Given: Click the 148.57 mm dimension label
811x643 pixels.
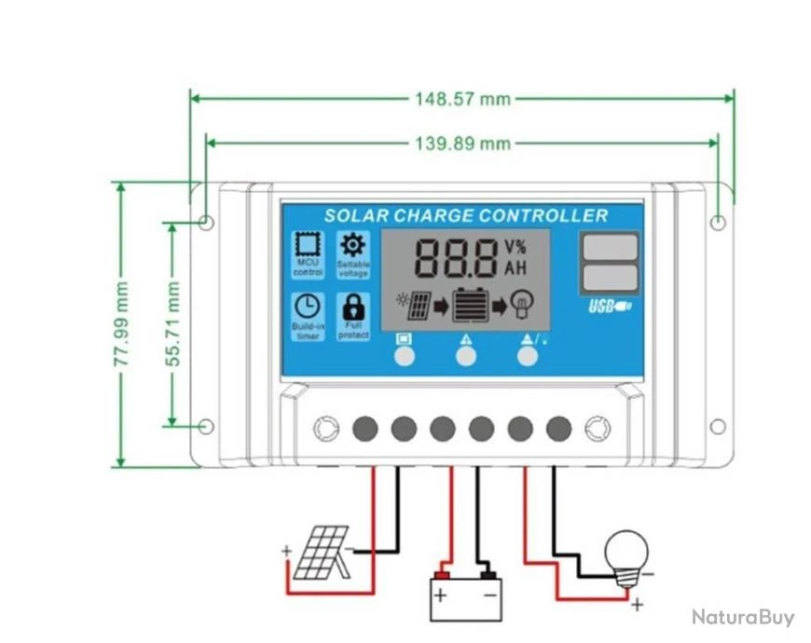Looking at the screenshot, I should click(x=462, y=99).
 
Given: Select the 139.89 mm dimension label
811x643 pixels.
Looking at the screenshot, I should click(x=462, y=144).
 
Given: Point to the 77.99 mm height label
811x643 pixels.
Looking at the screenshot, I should click(x=122, y=324).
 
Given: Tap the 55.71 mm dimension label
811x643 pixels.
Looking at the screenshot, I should click(x=172, y=324).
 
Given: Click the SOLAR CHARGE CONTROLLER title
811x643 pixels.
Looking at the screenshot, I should click(x=465, y=216).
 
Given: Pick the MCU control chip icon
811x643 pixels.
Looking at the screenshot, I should click(x=307, y=245).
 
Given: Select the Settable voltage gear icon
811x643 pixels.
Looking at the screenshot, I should click(x=353, y=245).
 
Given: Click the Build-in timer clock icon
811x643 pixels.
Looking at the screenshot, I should click(x=307, y=307).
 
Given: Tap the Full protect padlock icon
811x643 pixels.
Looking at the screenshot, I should click(x=353, y=306).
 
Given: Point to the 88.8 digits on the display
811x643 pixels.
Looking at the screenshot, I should click(x=455, y=258).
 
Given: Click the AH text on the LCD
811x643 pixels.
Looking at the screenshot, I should click(x=515, y=268).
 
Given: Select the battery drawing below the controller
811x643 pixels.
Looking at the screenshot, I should click(x=465, y=597).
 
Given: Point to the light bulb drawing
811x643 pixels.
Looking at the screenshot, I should click(x=625, y=555).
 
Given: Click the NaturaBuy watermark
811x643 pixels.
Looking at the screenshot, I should click(x=743, y=617).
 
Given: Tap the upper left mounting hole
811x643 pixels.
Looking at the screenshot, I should click(x=207, y=223).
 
